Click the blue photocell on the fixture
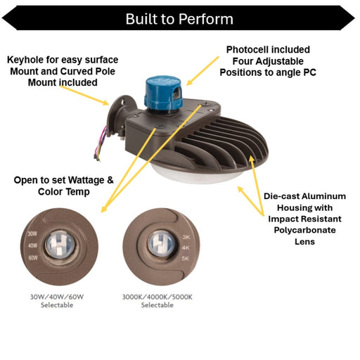[x=163, y=94]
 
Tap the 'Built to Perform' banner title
[x=179, y=19]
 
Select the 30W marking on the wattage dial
[x=32, y=233]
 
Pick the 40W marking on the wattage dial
[x=32, y=245]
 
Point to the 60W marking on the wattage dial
[x=33, y=258]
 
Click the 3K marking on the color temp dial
[x=186, y=237]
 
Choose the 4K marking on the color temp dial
[x=186, y=247]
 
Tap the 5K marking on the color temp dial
[x=186, y=259]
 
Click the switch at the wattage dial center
[x=60, y=245]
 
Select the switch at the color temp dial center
[x=161, y=244]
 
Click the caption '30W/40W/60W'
[x=57, y=297]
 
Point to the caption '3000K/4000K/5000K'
[x=157, y=297]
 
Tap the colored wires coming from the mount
[x=101, y=143]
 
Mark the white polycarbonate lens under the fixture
[x=192, y=174]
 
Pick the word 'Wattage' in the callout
[x=86, y=180]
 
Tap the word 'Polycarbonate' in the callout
[x=304, y=230]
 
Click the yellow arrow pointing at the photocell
[x=202, y=71]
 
